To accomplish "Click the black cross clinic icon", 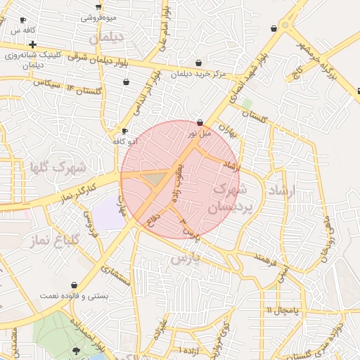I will [32, 44].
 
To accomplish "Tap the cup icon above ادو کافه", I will [124, 131].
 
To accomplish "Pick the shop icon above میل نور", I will [200, 122].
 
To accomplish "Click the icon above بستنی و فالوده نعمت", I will [73, 285].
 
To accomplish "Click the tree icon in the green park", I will [76, 349].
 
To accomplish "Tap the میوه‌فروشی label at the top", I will [98, 17].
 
